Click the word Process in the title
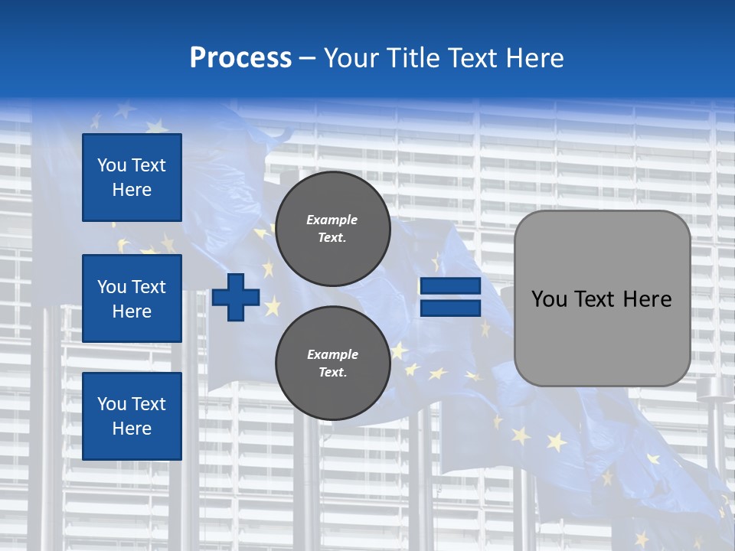coord(240,58)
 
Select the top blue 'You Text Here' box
coord(132,178)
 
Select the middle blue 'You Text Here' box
coord(132,298)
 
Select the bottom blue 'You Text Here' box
coord(132,416)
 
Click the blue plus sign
coord(236,297)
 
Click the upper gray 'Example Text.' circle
coord(332,229)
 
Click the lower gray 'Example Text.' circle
coord(332,364)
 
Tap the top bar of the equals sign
coord(450,286)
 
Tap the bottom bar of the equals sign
coord(450,308)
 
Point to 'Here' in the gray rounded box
coord(647,299)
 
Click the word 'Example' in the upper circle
coord(332,220)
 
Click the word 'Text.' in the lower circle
coord(332,373)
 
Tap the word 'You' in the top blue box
coord(112,165)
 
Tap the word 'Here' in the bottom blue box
coord(132,429)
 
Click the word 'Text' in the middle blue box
coord(149,287)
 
